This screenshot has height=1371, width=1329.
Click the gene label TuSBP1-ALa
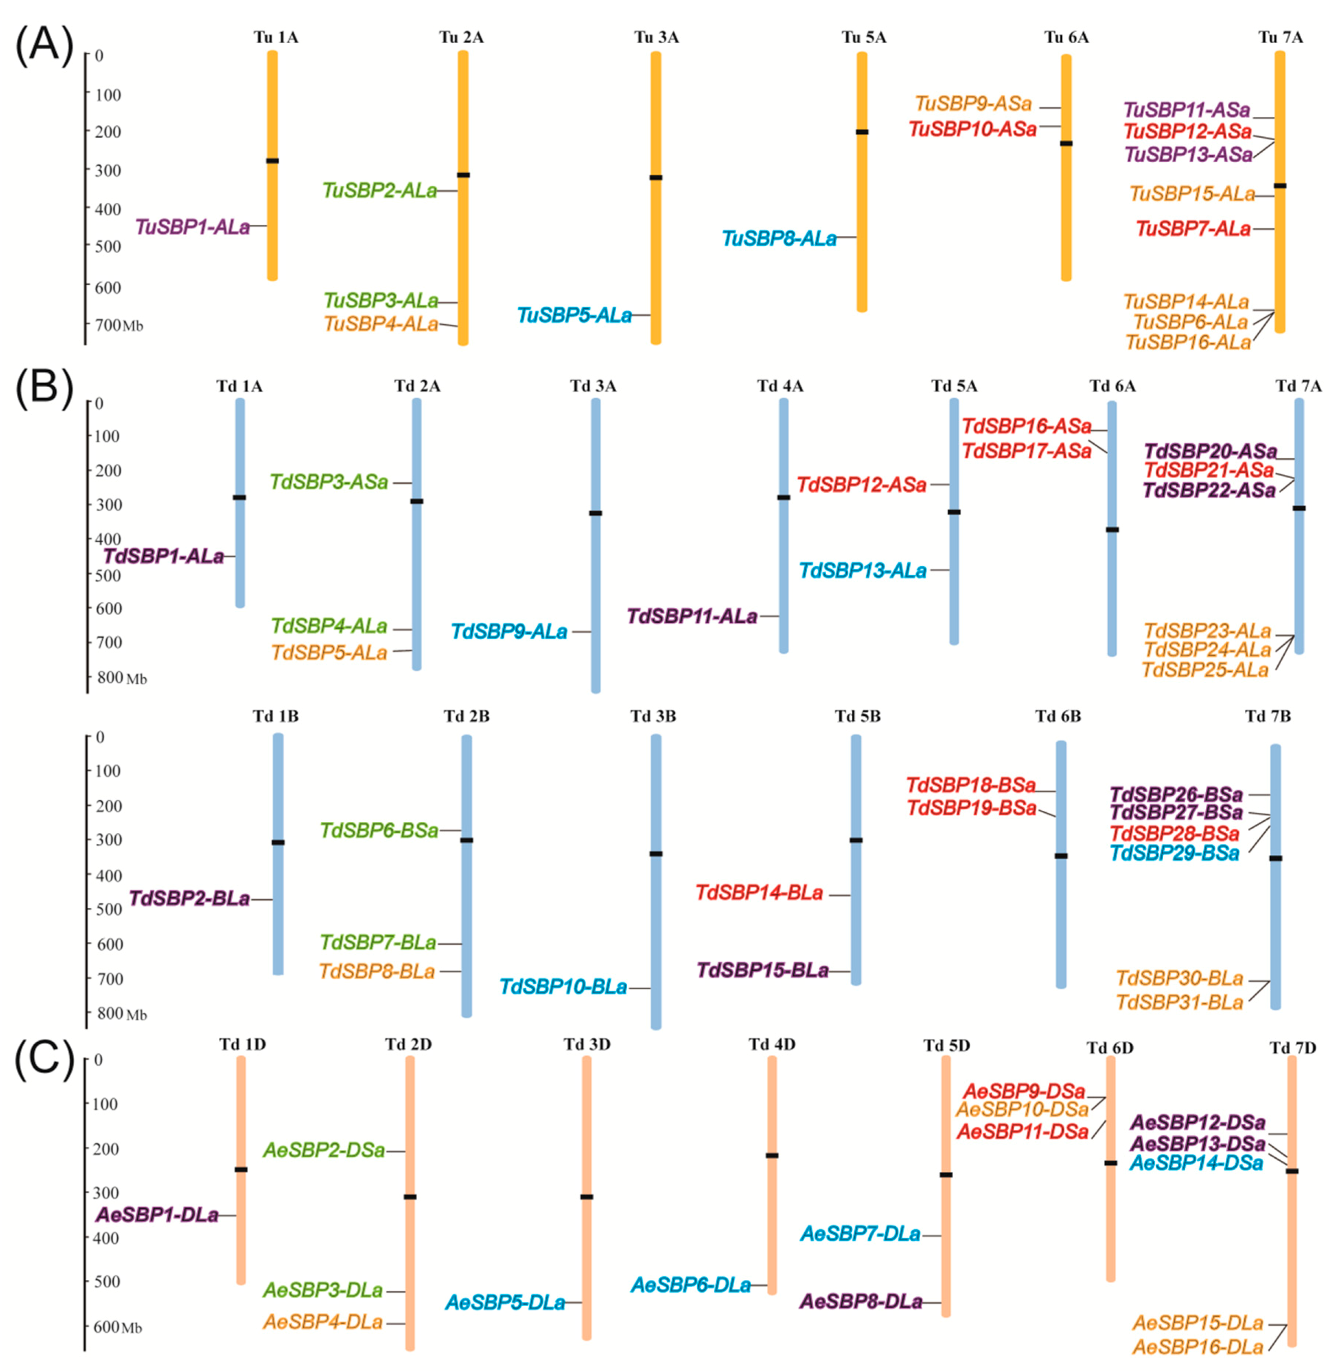click(192, 226)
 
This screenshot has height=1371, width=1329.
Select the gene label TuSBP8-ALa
click(779, 239)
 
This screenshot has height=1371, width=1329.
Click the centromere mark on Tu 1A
click(272, 161)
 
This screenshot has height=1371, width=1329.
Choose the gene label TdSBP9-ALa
click(509, 632)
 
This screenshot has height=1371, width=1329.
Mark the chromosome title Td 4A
click(780, 385)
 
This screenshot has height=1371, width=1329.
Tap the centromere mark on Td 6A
click(1112, 530)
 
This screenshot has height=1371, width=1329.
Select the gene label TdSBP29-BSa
click(1174, 853)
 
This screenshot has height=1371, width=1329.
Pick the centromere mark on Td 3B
click(656, 853)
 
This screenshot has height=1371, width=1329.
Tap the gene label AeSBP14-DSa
click(1197, 1163)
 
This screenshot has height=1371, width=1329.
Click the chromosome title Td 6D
click(1110, 1047)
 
